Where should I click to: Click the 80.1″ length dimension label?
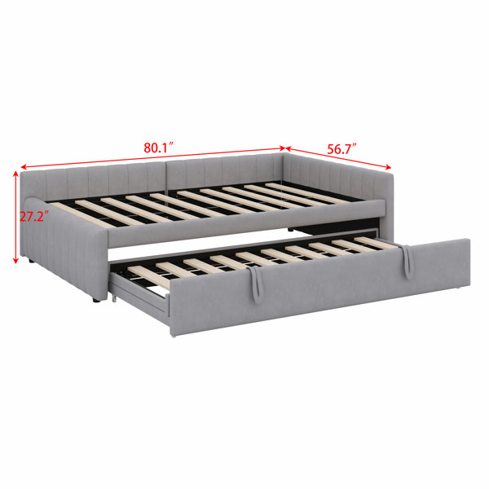158,148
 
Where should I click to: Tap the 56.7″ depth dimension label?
341,149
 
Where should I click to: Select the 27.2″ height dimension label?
34,216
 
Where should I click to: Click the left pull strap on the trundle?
255,284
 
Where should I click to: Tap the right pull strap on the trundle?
406,262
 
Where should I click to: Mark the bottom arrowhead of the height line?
15,261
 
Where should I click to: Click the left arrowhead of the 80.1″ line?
24,166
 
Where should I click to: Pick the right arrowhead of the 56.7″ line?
388,167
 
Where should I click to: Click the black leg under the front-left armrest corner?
96,300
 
